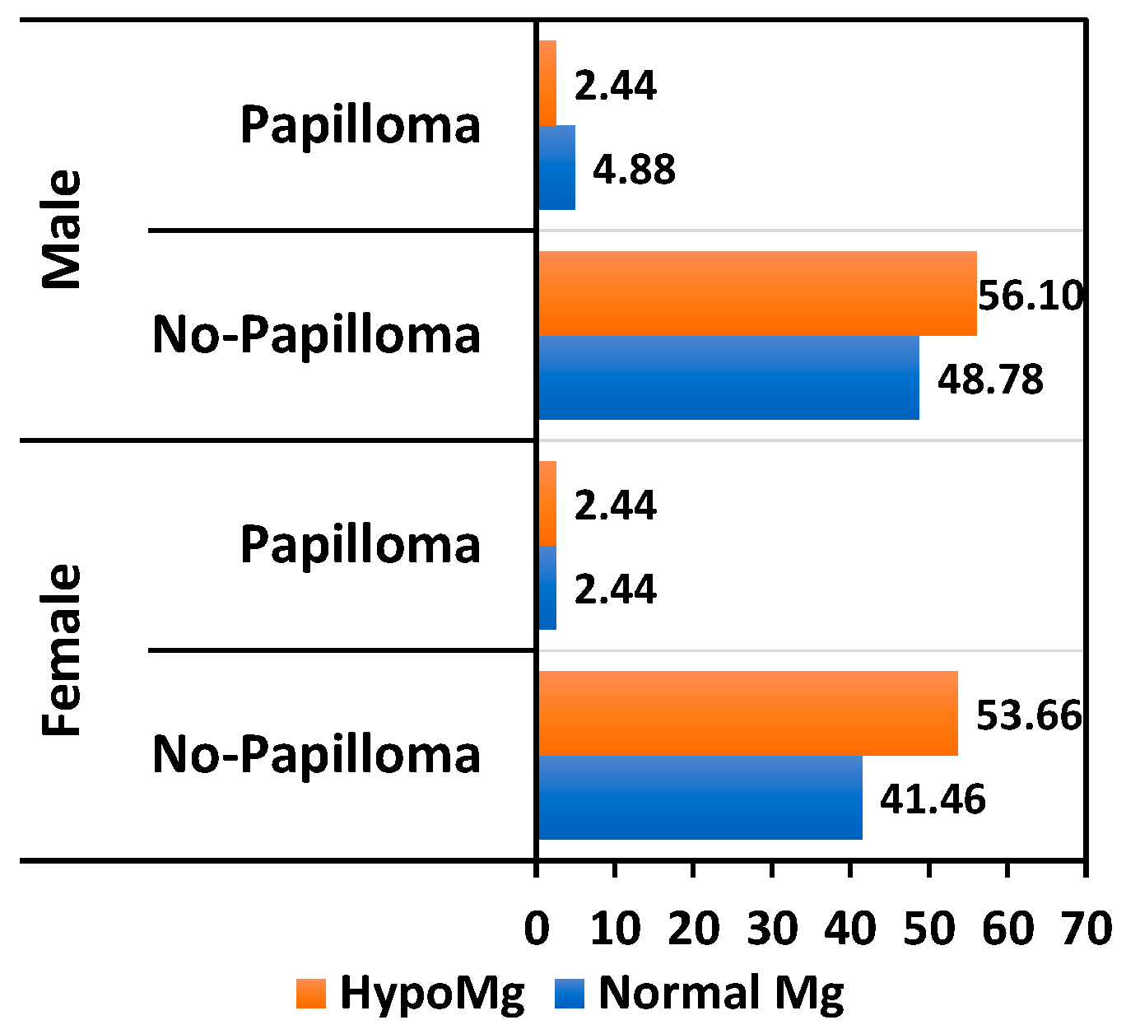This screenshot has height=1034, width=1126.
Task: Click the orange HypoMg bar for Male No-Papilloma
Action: click(x=757, y=293)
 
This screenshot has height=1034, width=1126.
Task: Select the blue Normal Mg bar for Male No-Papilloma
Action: click(x=728, y=378)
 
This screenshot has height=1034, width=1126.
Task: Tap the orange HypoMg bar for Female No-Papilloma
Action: click(x=747, y=713)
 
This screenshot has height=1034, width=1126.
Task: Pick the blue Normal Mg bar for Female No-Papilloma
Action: click(x=700, y=798)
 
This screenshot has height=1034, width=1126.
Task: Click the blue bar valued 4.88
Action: click(x=556, y=168)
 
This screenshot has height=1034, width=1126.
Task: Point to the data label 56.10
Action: click(x=1031, y=296)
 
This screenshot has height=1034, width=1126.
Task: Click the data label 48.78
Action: click(x=990, y=380)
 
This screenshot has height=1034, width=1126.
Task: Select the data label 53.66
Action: click(x=1029, y=715)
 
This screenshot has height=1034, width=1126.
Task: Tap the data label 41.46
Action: click(x=933, y=799)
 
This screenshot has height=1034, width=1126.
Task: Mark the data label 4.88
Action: click(x=634, y=170)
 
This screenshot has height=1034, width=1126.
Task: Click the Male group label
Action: click(x=63, y=230)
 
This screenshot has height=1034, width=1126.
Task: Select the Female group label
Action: click(x=63, y=650)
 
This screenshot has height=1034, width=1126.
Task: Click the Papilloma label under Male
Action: click(x=360, y=126)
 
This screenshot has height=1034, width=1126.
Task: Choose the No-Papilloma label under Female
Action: click(x=317, y=755)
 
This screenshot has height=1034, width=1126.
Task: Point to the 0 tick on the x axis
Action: click(x=537, y=929)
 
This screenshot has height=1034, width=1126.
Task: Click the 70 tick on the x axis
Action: click(x=1086, y=929)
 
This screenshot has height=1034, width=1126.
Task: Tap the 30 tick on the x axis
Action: click(x=772, y=929)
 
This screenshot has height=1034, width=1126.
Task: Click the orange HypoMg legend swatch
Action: click(x=311, y=994)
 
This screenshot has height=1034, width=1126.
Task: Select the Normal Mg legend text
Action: click(x=721, y=994)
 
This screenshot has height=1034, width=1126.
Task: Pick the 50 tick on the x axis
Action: click(x=929, y=929)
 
